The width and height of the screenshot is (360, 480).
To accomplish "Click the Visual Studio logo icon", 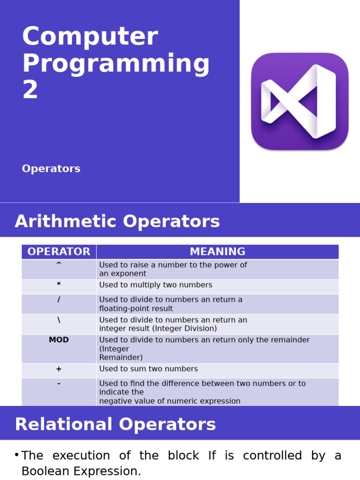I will [300, 101].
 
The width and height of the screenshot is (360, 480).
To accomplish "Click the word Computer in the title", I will [90, 37].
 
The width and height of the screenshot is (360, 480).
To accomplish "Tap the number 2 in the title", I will [30, 90].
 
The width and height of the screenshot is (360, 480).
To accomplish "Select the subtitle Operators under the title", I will [51, 169].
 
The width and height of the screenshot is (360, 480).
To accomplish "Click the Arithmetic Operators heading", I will [117, 221].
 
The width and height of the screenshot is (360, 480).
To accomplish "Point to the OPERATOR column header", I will [59, 252].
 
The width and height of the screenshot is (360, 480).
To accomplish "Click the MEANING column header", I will [217, 252].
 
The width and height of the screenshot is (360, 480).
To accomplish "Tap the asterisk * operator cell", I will [59, 285].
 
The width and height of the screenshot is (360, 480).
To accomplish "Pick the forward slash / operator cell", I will [59, 300].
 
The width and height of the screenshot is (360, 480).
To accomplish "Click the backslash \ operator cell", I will [59, 320].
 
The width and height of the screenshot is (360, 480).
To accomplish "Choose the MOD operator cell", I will [59, 340].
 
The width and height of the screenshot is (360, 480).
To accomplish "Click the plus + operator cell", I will [59, 369].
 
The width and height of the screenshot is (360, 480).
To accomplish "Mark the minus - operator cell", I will [59, 384].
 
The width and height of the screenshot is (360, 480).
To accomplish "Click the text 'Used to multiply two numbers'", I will [156, 285].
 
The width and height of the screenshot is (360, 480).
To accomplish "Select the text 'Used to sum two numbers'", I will [149, 369].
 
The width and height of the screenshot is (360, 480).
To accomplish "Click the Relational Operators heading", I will [115, 424].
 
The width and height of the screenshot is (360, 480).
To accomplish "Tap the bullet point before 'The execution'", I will [16, 455].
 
